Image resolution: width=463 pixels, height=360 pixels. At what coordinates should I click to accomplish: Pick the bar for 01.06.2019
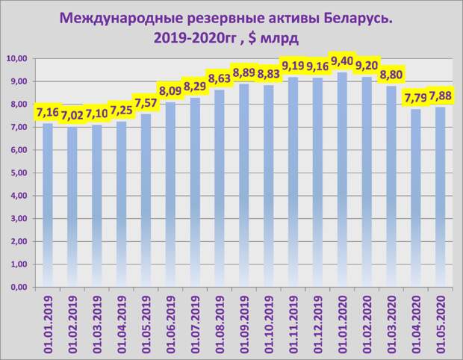pyautogui.click(x=170, y=194)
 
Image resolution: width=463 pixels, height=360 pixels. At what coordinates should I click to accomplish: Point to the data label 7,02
pyautogui.click(x=72, y=116)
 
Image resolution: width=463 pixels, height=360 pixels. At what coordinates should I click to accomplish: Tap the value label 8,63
pyautogui.click(x=220, y=78)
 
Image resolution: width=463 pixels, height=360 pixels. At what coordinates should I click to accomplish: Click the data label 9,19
pyautogui.click(x=293, y=66)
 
